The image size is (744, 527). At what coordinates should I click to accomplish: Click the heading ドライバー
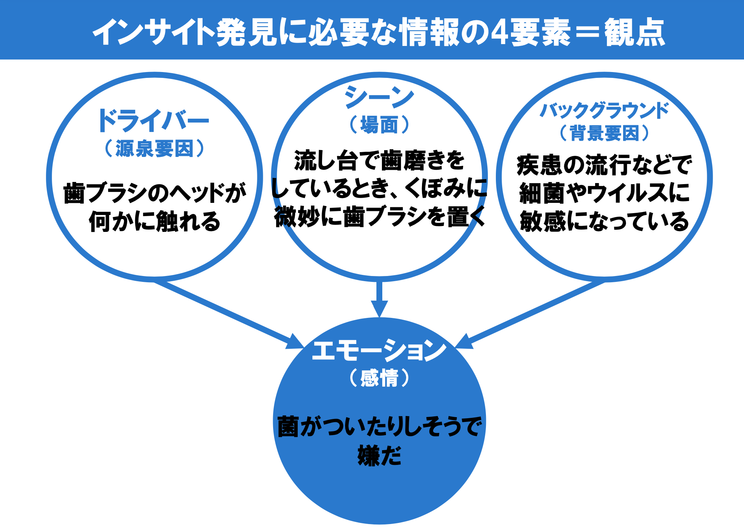[153, 121]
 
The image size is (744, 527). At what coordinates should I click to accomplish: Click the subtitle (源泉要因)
[154, 148]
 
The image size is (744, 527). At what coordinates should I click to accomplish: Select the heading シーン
[379, 97]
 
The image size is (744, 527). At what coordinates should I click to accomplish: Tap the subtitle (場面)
[379, 125]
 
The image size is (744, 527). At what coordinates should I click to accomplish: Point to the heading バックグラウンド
[604, 111]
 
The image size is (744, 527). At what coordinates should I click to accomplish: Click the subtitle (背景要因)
[604, 133]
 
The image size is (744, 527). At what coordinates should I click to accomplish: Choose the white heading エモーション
[379, 350]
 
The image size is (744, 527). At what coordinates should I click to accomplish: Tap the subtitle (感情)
[379, 378]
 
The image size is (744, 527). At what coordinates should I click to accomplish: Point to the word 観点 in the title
[634, 32]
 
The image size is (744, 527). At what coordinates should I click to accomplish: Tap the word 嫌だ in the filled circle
[379, 456]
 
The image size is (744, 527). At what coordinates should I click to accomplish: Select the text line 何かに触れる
[154, 221]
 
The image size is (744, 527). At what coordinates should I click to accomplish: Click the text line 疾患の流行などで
[604, 165]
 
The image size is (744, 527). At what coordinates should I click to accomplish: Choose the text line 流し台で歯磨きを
[379, 161]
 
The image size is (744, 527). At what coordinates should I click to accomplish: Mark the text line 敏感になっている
[604, 221]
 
